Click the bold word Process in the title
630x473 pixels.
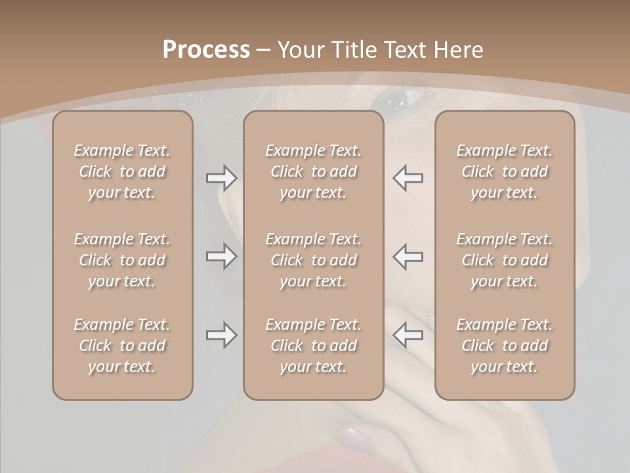[x=206, y=50]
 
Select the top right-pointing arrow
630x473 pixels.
[x=221, y=178]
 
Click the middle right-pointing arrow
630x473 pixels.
[x=221, y=256]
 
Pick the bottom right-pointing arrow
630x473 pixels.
[x=221, y=335]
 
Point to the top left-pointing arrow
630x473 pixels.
[x=408, y=178]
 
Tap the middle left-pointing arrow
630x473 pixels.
[x=408, y=256]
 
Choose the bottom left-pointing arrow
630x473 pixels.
[x=408, y=335]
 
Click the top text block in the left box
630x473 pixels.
[x=122, y=171]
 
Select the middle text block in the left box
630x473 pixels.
[x=122, y=260]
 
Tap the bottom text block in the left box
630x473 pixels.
[x=122, y=346]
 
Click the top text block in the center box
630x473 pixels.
[x=313, y=171]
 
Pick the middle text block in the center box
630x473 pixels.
[x=313, y=260]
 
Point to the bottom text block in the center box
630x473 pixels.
[x=313, y=346]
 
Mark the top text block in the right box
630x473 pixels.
[x=504, y=171]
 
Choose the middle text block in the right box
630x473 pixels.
[x=504, y=260]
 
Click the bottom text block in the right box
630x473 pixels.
[x=504, y=346]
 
